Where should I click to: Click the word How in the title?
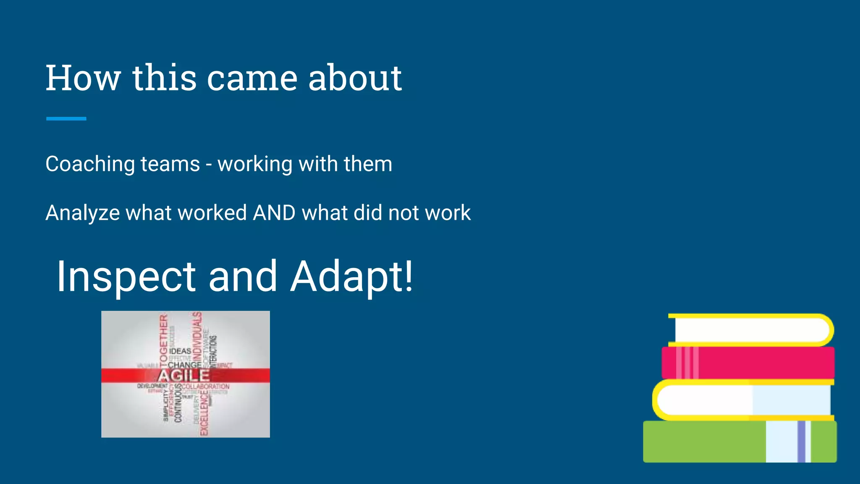(x=83, y=78)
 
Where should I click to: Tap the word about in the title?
(x=355, y=78)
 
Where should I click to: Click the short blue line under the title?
(x=66, y=119)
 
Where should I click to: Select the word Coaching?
(x=90, y=164)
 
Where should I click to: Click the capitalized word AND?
(x=274, y=213)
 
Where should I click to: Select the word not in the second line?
(x=403, y=213)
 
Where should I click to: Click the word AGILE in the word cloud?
(x=184, y=376)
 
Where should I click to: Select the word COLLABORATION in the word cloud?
(x=206, y=387)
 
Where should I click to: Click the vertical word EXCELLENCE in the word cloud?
(x=205, y=413)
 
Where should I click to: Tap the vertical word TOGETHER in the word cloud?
(x=163, y=339)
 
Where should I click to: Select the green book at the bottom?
(x=705, y=442)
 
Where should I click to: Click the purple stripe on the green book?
(x=801, y=442)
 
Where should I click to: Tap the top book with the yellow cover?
(x=752, y=330)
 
